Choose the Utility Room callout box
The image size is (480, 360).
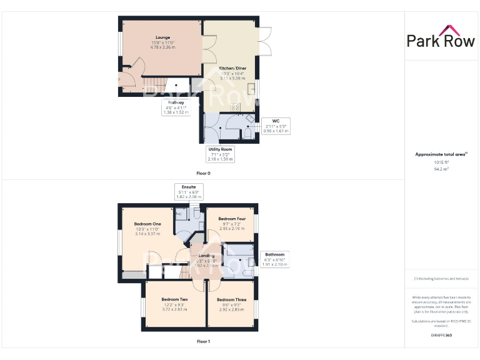(x=220, y=154)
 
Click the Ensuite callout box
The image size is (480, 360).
(x=189, y=191)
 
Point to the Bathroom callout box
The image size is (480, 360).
(x=274, y=259)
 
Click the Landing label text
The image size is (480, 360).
(x=206, y=256)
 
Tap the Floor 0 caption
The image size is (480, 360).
(x=204, y=173)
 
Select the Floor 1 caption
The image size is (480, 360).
(x=203, y=341)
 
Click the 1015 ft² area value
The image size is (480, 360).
(x=441, y=162)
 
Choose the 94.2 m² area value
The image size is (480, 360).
(x=441, y=168)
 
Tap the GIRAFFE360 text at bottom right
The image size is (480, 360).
(x=441, y=336)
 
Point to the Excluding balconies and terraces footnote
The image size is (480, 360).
(x=441, y=279)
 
